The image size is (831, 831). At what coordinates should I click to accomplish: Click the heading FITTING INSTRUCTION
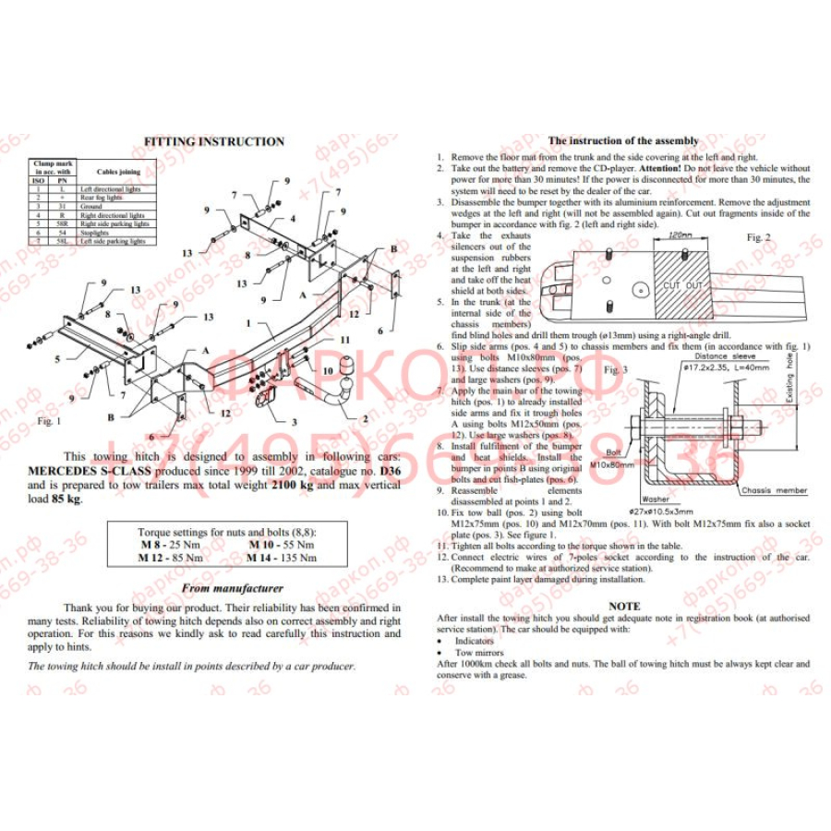pyautogui.click(x=214, y=141)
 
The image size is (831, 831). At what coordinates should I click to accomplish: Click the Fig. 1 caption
pyautogui.click(x=48, y=420)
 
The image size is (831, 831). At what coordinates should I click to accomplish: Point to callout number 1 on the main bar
pyautogui.click(x=248, y=324)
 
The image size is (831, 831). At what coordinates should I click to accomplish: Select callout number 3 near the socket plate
pyautogui.click(x=294, y=422)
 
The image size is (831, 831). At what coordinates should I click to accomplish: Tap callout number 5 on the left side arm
pyautogui.click(x=56, y=357)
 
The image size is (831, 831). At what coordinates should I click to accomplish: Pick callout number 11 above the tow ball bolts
pyautogui.click(x=345, y=340)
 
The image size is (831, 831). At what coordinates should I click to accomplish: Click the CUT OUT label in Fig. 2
pyautogui.click(x=682, y=286)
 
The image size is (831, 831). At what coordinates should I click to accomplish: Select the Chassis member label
pyautogui.click(x=774, y=491)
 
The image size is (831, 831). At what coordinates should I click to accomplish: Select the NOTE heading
pyautogui.click(x=623, y=606)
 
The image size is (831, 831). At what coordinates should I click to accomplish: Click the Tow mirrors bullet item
pyautogui.click(x=476, y=652)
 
